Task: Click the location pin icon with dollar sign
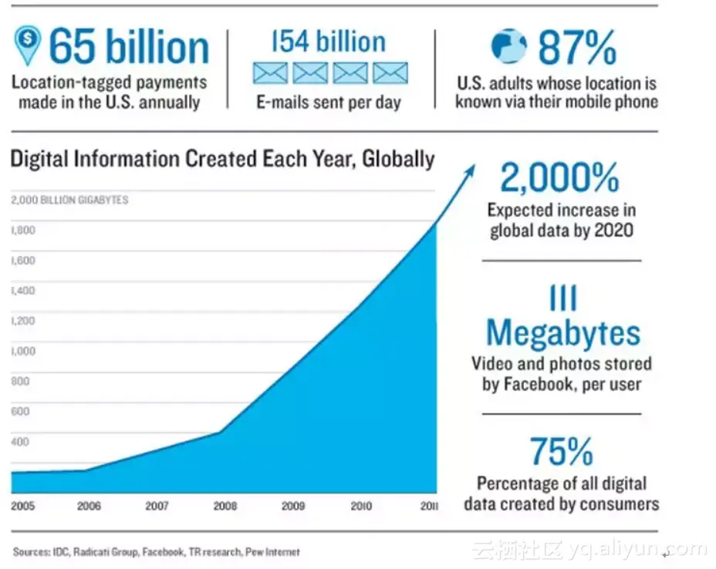click(28, 45)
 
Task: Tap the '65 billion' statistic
click(129, 47)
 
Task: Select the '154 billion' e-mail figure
click(330, 42)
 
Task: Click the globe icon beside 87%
click(508, 46)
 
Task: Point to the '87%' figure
click(577, 48)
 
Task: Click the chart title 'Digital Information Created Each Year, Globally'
click(222, 160)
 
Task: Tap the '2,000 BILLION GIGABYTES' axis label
click(70, 200)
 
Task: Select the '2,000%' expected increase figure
click(559, 179)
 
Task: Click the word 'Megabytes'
click(563, 333)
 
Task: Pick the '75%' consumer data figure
click(561, 452)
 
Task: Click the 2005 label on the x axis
click(24, 507)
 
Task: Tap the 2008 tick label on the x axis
click(225, 507)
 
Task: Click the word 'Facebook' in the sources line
click(164, 552)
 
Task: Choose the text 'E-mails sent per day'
click(329, 103)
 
